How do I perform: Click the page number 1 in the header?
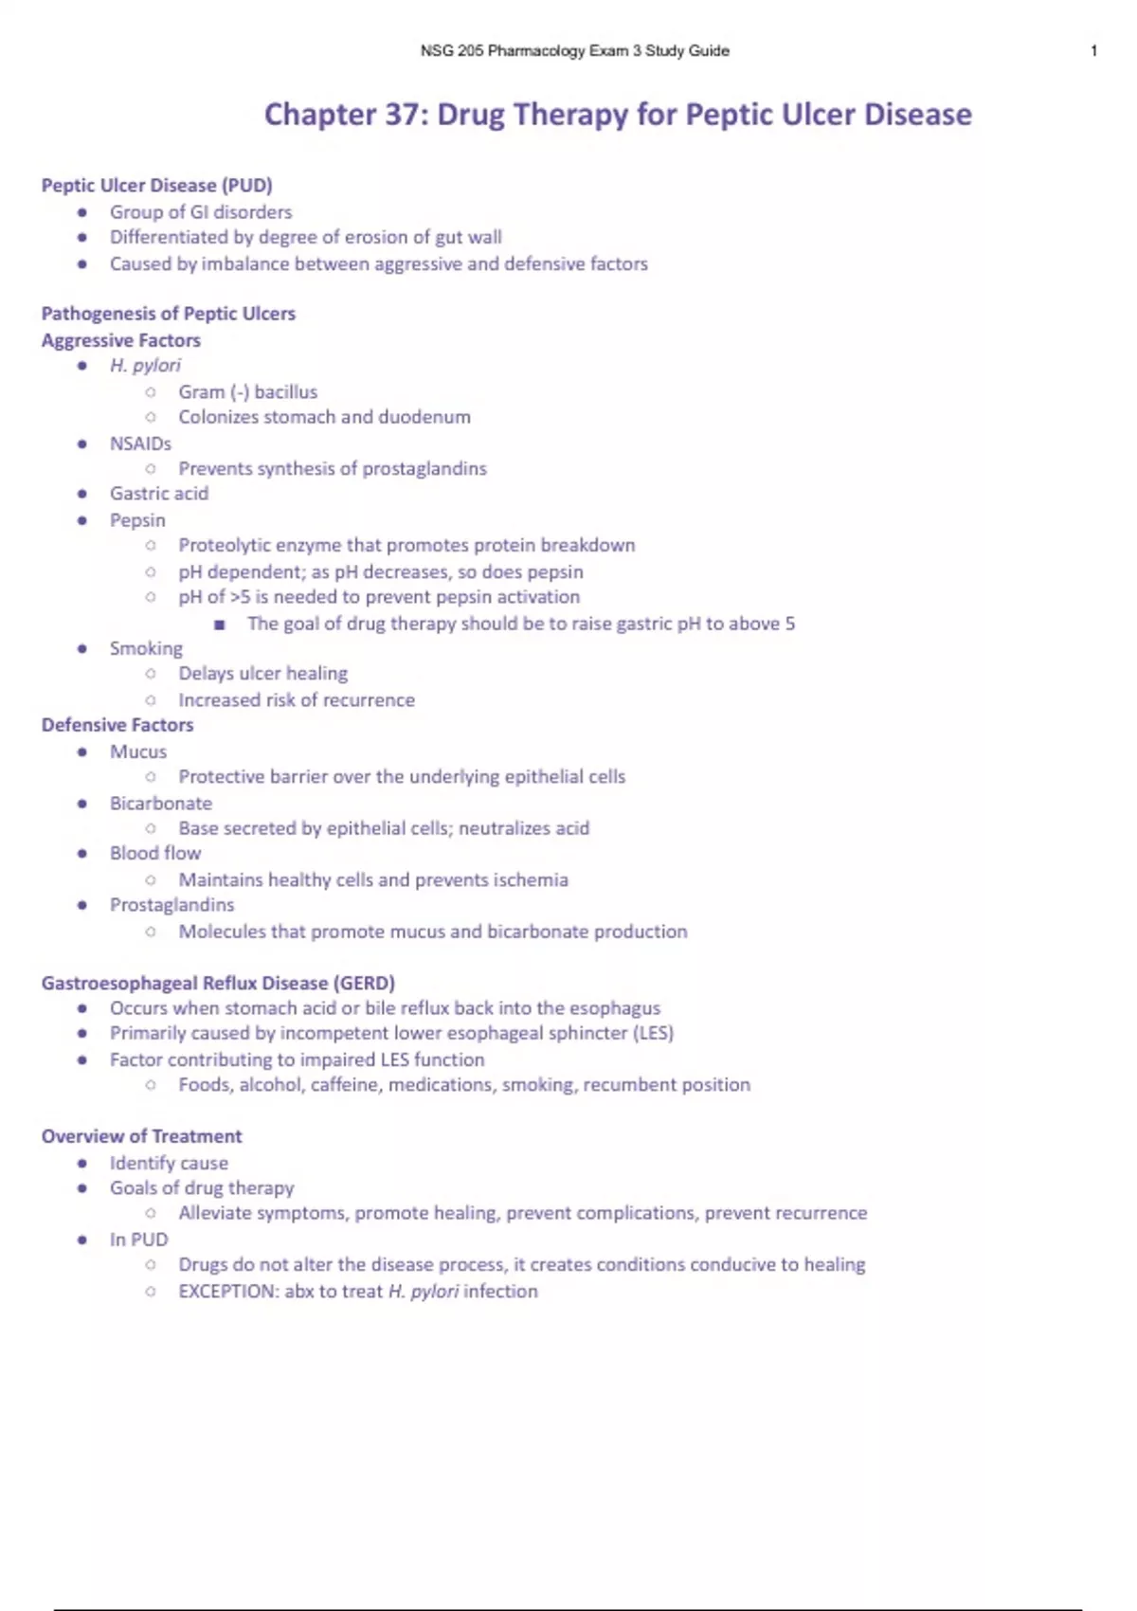coord(1093,51)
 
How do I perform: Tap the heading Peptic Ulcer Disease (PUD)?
coord(156,186)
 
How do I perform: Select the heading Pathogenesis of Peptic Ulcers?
coord(168,314)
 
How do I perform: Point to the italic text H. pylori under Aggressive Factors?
coord(145,366)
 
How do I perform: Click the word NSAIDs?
coord(140,443)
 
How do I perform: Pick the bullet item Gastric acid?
coord(158,494)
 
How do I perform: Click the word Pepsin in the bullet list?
coord(137,520)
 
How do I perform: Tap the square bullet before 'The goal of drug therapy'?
coord(220,624)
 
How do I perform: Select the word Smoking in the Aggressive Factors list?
coord(146,648)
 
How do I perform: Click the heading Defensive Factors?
coord(117,725)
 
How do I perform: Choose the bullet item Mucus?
coord(138,751)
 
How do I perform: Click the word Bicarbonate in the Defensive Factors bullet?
coord(161,804)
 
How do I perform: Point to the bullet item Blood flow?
coord(155,853)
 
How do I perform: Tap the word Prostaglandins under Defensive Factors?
coord(171,905)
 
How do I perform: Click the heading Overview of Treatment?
coord(141,1136)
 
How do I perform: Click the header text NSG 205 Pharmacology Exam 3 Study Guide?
coord(574,51)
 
